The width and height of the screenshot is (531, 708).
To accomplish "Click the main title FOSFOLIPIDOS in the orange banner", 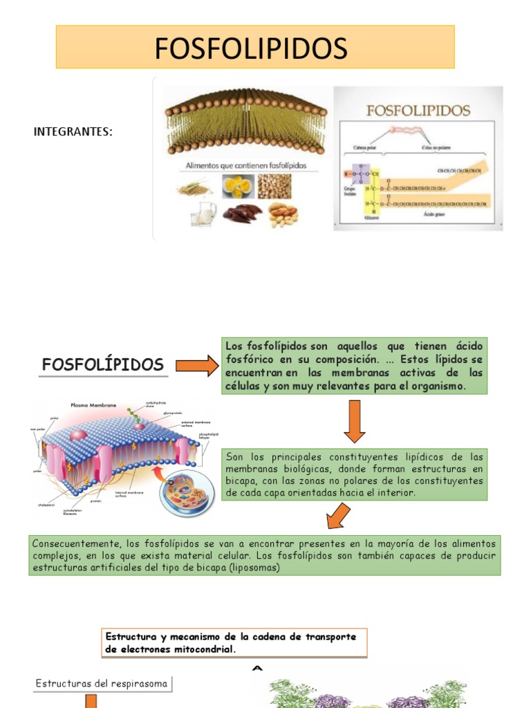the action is click(251, 48).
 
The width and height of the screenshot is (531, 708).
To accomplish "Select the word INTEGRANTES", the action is click(73, 132).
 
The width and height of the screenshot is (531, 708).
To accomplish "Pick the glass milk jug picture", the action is click(203, 214).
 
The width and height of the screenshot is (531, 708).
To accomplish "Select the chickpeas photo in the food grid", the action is click(274, 186).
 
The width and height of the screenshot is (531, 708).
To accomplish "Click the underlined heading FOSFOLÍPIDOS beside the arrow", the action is click(102, 364).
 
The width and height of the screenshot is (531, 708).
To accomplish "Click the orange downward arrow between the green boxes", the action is click(354, 423).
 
